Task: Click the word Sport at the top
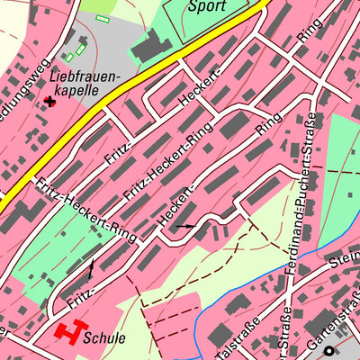click(x=207, y=6)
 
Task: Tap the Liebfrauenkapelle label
click(x=85, y=85)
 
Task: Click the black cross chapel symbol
click(x=49, y=102)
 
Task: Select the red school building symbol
click(x=67, y=332)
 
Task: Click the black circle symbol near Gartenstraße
click(x=329, y=351)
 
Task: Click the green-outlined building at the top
click(x=102, y=17)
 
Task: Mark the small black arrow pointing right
click(x=184, y=227)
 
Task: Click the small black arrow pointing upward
click(x=90, y=267)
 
